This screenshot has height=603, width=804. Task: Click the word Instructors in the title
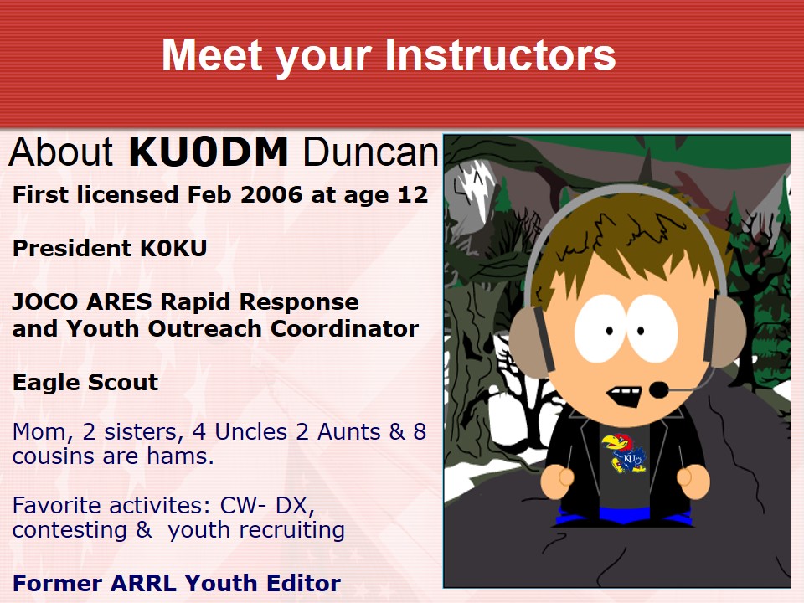click(x=500, y=55)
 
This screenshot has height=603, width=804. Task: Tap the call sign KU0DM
click(x=209, y=152)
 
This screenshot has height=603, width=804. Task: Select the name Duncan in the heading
click(x=371, y=152)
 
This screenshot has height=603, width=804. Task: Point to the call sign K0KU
click(x=174, y=248)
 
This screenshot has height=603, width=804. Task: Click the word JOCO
click(x=45, y=302)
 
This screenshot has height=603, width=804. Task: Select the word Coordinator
click(x=344, y=328)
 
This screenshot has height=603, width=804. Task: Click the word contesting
click(x=70, y=530)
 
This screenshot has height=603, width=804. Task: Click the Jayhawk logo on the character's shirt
click(x=624, y=453)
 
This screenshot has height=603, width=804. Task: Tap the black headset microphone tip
click(x=659, y=389)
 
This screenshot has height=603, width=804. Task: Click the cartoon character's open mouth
click(x=624, y=397)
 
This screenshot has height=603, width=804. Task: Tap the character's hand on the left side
click(x=558, y=482)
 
